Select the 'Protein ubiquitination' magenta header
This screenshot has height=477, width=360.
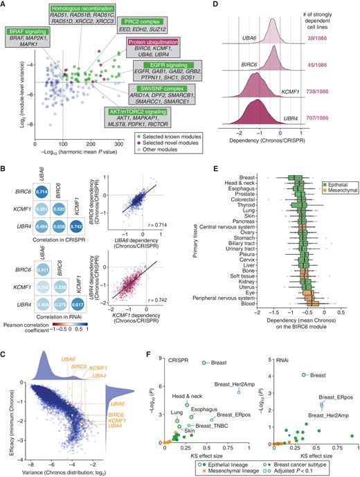click(151, 42)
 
